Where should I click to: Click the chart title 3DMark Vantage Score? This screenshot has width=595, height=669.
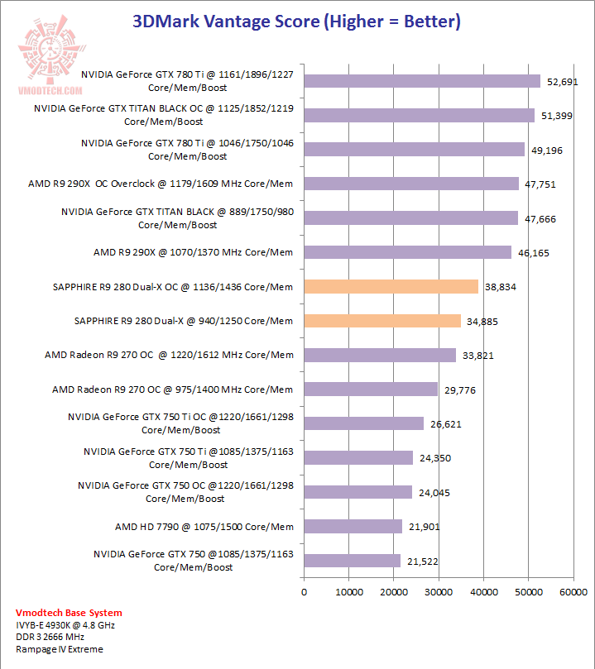(297, 22)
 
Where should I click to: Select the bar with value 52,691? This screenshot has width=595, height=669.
(422, 81)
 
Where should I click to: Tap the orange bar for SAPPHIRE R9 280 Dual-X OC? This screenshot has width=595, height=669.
(391, 286)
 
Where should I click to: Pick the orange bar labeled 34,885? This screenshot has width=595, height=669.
(382, 321)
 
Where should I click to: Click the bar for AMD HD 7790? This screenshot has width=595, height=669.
(353, 526)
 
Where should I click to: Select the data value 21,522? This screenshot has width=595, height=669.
(422, 561)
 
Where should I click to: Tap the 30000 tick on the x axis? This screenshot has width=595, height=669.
(439, 592)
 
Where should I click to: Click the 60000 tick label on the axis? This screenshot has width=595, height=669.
(573, 592)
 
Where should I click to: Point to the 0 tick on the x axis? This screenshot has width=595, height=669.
(305, 592)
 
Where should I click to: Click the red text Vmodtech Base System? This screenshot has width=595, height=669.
(70, 613)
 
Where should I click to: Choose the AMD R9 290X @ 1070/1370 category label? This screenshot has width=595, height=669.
(194, 252)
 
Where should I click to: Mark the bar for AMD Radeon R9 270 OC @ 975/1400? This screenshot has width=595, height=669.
(371, 389)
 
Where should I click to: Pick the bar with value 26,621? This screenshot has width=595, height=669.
(364, 423)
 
